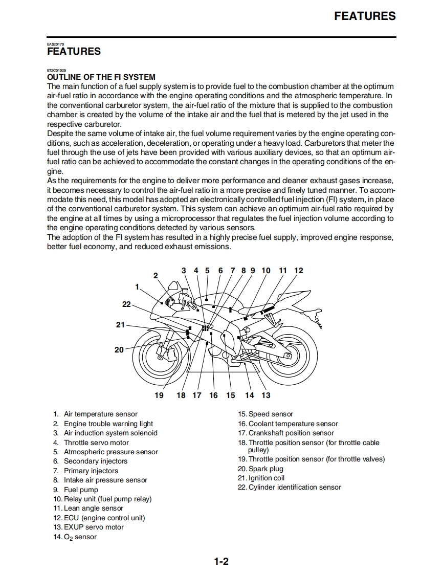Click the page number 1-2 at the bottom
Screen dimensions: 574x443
tap(221, 562)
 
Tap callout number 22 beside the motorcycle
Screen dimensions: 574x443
tap(126, 304)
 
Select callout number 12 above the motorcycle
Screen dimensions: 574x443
tap(299, 271)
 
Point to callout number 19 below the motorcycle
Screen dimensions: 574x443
tap(159, 395)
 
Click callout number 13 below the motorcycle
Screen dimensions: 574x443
tap(266, 395)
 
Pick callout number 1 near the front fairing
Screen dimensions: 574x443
tap(137, 287)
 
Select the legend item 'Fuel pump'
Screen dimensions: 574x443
tap(81, 490)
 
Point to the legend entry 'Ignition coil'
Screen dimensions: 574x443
tap(267, 478)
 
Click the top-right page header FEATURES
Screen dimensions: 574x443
tap(365, 16)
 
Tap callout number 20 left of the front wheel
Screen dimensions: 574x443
tap(119, 350)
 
